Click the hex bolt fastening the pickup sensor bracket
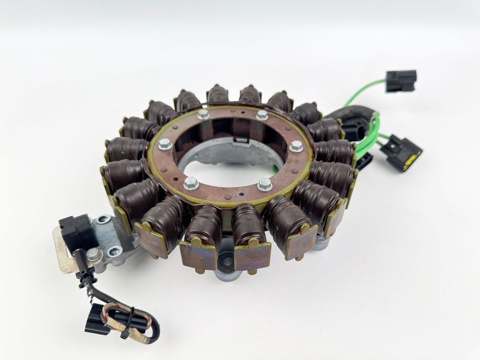coord(95,255)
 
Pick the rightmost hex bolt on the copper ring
coord(296,146)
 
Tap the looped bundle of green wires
coord(368,141)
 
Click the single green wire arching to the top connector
coord(363,89)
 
